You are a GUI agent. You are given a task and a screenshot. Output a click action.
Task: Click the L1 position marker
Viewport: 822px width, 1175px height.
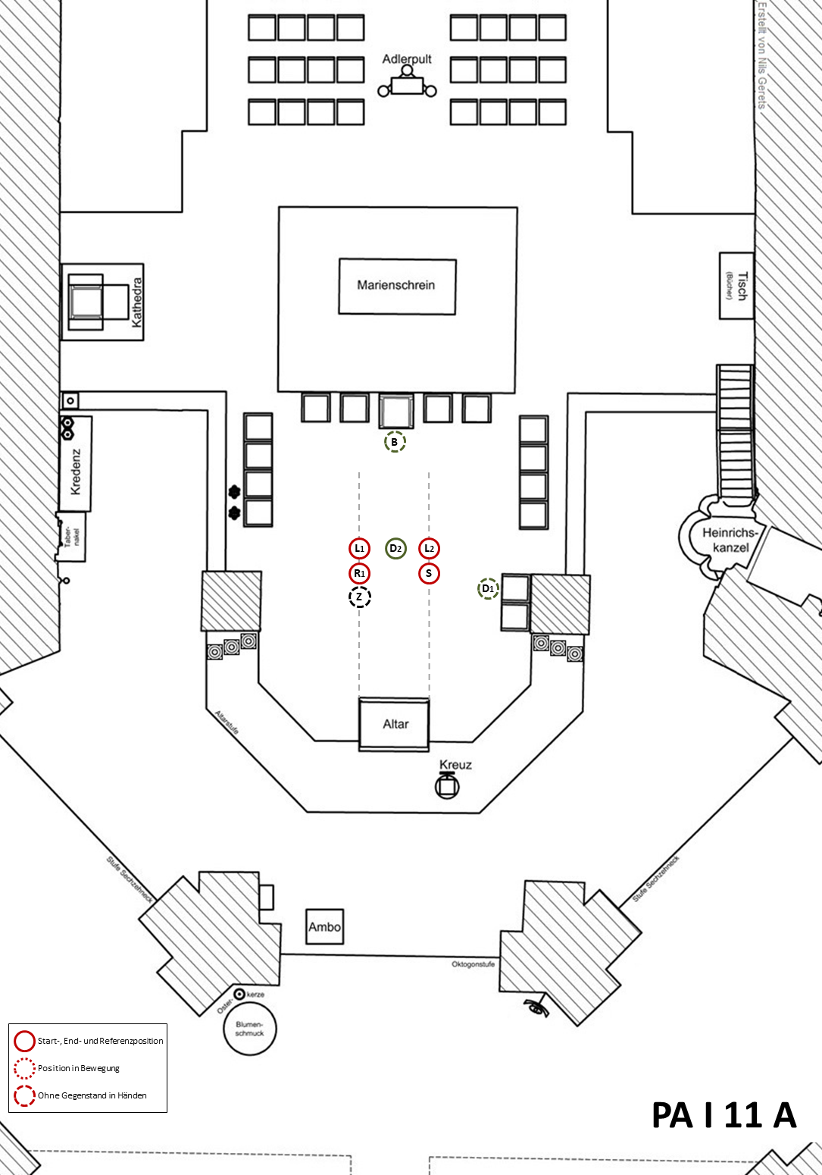click(x=360, y=548)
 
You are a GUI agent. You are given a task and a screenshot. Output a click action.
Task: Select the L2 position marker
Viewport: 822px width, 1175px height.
click(x=430, y=548)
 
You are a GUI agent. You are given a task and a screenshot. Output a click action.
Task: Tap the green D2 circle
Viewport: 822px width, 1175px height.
click(x=395, y=548)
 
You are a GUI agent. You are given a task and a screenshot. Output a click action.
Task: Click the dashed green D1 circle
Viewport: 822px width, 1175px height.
click(x=488, y=588)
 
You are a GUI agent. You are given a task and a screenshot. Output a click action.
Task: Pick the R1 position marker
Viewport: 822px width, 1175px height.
click(x=360, y=573)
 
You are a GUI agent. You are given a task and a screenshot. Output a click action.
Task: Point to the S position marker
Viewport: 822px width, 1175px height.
click(x=430, y=573)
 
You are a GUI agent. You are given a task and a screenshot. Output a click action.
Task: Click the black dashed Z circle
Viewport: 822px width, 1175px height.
click(x=360, y=597)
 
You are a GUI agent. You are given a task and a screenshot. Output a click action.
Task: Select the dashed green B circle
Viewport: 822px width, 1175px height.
click(x=395, y=442)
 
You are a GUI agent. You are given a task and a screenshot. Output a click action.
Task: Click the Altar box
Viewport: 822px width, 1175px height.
click(x=395, y=725)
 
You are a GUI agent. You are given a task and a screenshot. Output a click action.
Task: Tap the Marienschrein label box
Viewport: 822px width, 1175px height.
click(x=397, y=286)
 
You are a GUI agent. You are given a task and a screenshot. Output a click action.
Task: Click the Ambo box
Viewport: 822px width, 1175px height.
click(x=324, y=927)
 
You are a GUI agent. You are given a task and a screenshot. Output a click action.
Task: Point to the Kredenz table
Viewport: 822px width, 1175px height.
click(x=76, y=463)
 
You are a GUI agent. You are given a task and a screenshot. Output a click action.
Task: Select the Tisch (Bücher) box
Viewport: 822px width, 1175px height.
click(x=736, y=286)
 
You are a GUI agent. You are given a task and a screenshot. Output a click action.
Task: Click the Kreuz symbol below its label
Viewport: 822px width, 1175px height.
click(x=447, y=786)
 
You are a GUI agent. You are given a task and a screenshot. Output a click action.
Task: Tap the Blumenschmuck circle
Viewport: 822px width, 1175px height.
click(x=250, y=1029)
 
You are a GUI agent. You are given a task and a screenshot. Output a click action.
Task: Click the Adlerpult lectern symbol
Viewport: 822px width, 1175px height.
click(x=408, y=84)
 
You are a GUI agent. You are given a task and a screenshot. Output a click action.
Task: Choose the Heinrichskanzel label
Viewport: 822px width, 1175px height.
click(x=730, y=540)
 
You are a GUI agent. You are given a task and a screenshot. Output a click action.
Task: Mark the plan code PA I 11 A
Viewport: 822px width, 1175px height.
click(x=724, y=1115)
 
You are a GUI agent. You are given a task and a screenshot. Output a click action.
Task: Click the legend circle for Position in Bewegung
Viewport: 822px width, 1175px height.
click(x=24, y=1068)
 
